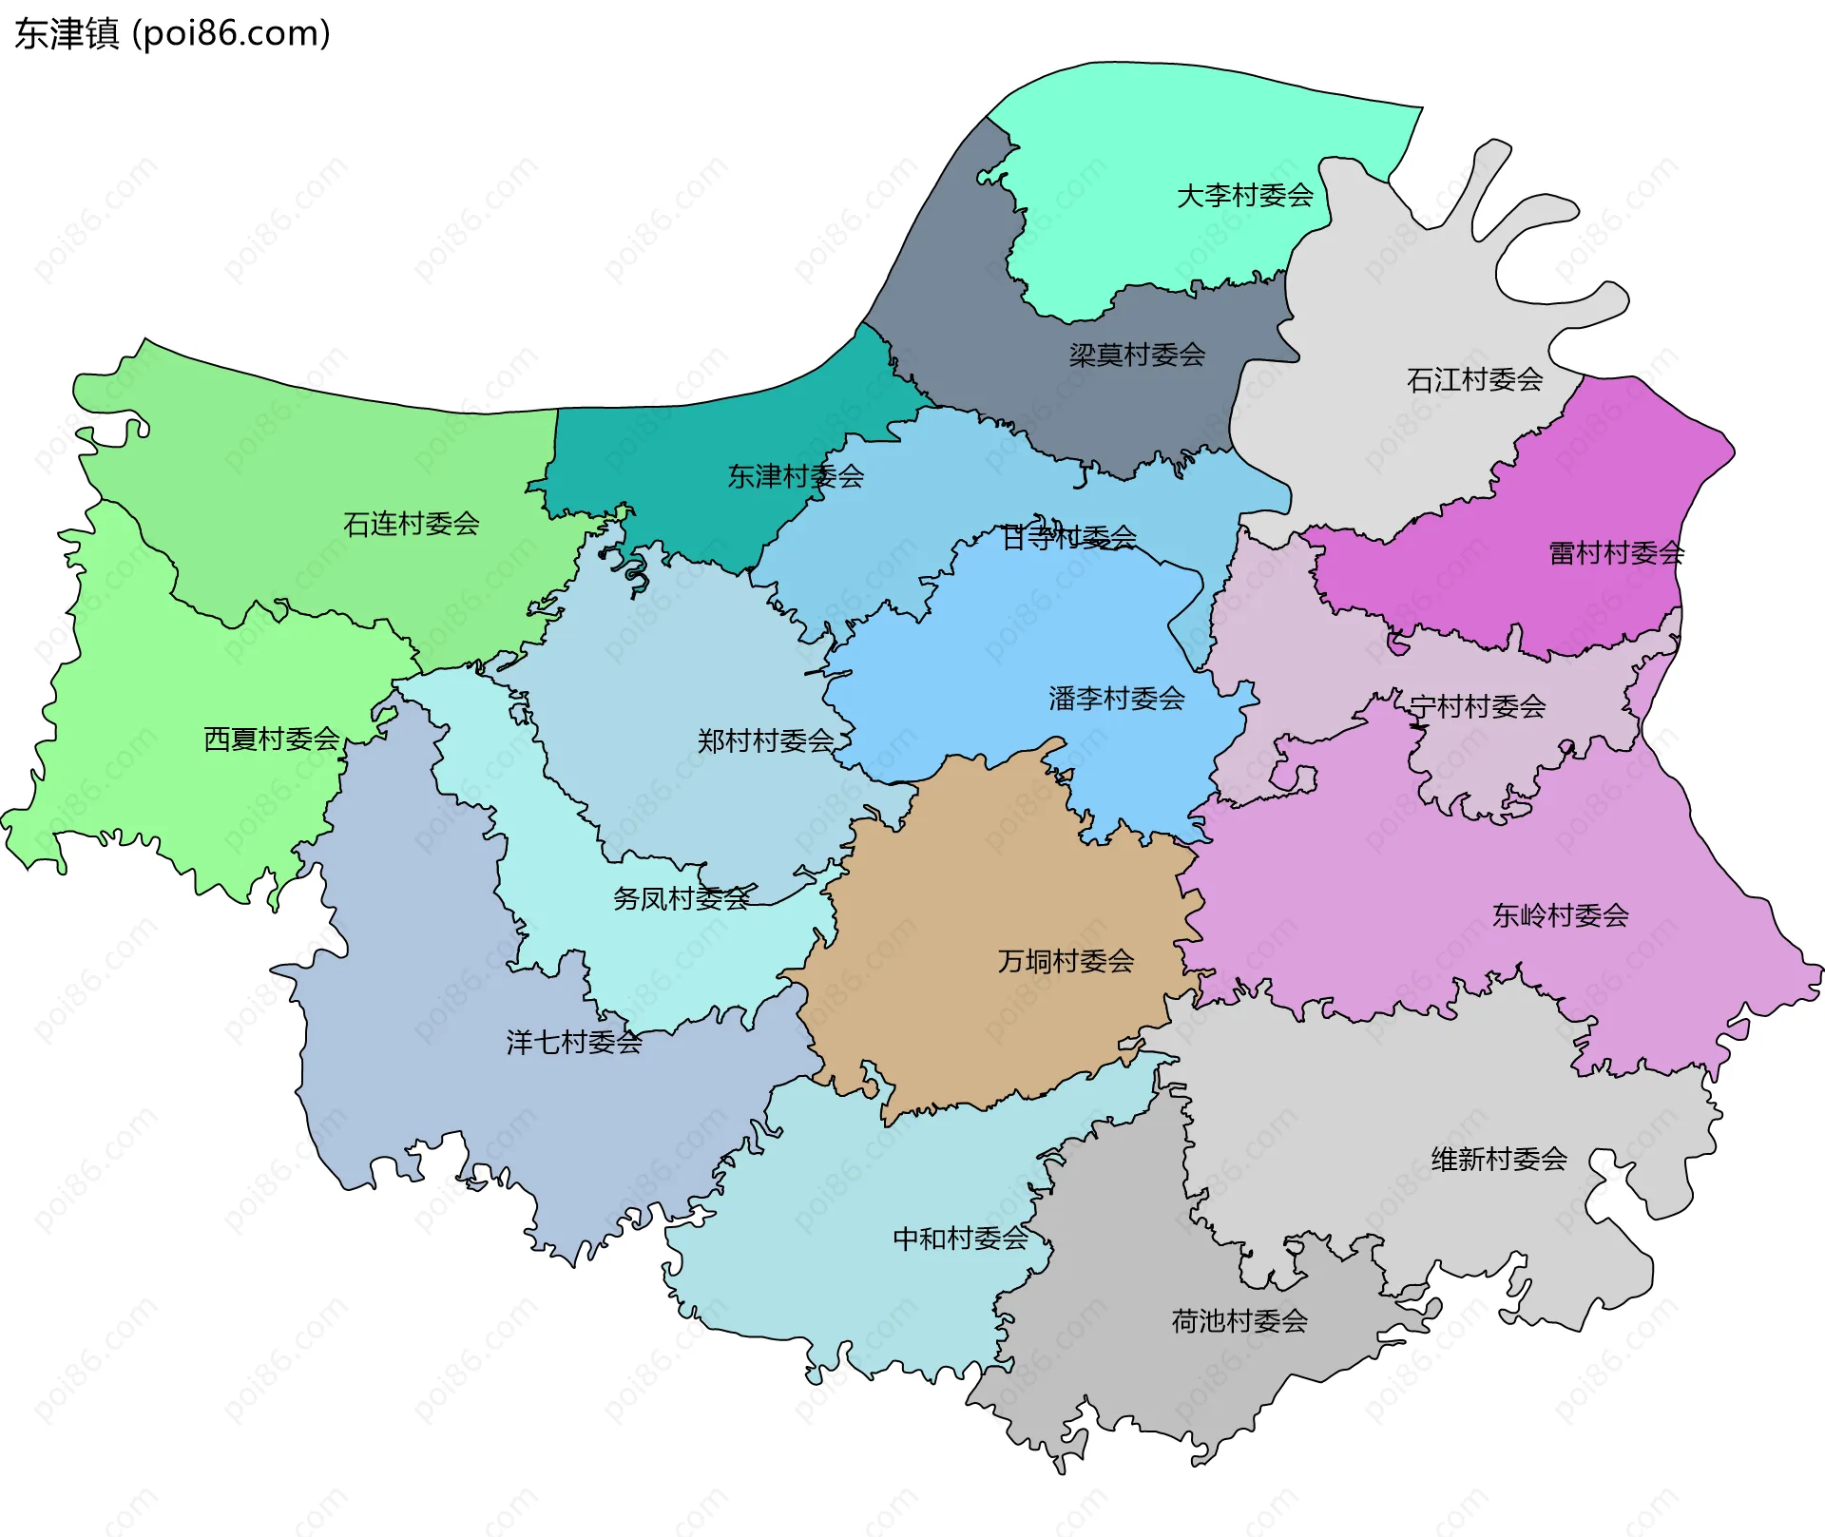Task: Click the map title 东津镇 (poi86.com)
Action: click(x=172, y=33)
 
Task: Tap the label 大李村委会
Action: click(x=1244, y=196)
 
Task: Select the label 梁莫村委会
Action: click(x=1137, y=355)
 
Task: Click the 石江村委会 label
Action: click(x=1474, y=380)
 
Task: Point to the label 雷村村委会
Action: click(x=1616, y=553)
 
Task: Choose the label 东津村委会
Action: click(x=796, y=476)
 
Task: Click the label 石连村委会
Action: click(x=411, y=524)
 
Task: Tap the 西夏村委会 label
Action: click(x=272, y=739)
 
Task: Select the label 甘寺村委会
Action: click(x=1069, y=538)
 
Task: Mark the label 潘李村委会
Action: click(x=1116, y=699)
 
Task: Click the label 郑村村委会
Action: click(x=765, y=740)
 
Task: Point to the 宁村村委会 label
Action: click(x=1477, y=706)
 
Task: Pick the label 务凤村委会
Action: click(x=681, y=898)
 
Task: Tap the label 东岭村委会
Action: click(x=1560, y=915)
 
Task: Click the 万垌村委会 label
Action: click(x=1066, y=961)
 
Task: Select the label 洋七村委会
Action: click(x=574, y=1043)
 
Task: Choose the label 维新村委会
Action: click(x=1499, y=1159)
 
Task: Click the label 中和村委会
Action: click(x=960, y=1238)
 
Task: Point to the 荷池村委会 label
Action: click(x=1239, y=1320)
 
